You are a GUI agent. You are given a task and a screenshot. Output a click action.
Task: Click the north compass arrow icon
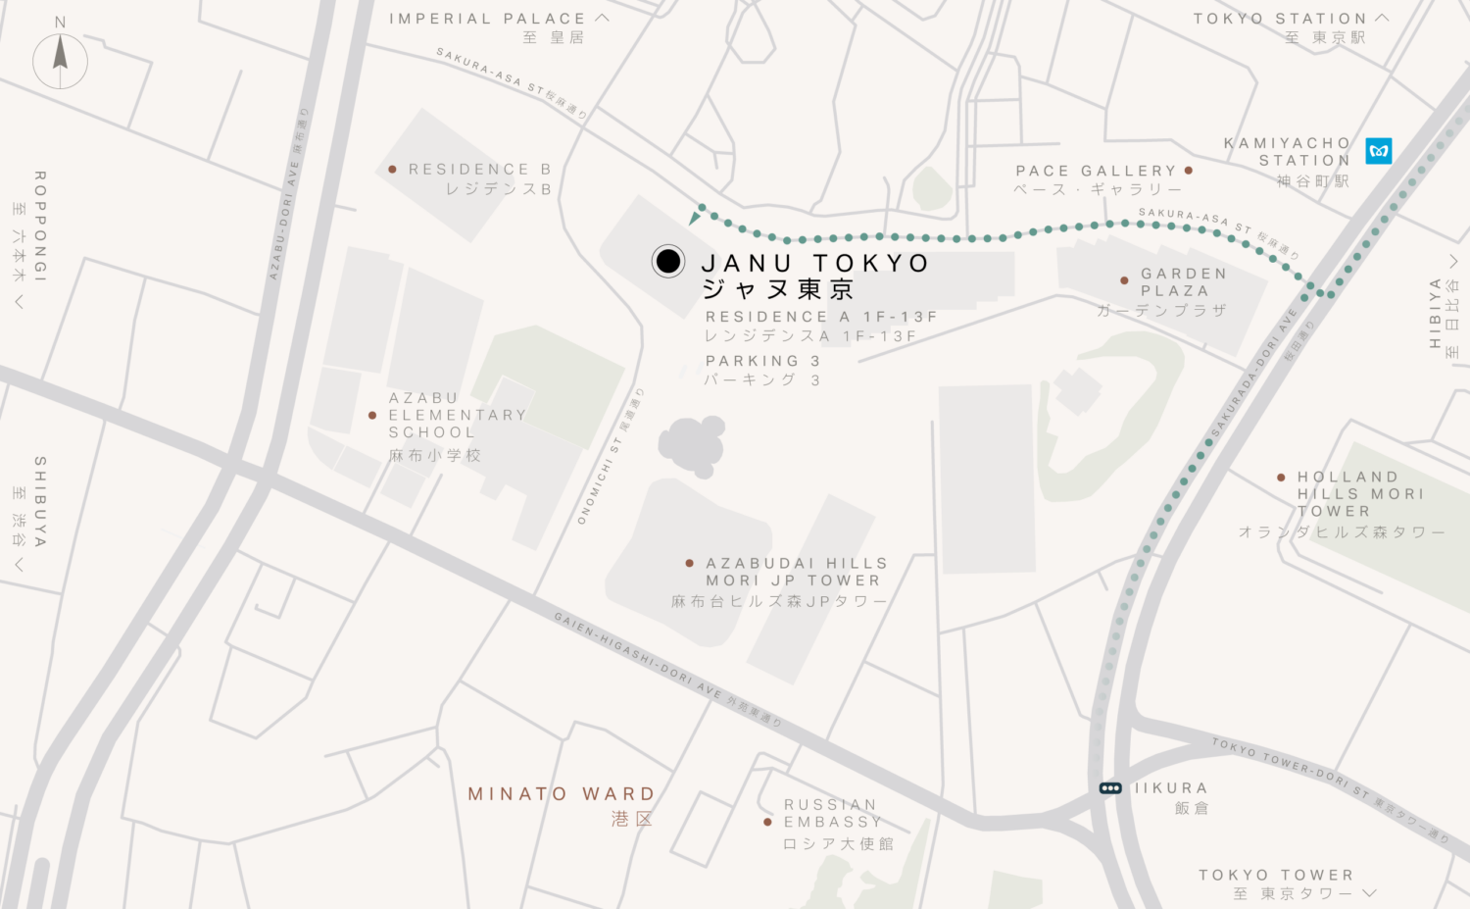click(60, 56)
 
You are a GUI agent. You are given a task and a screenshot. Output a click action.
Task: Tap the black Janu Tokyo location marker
click(668, 261)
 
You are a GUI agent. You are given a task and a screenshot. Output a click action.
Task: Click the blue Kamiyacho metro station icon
click(1379, 151)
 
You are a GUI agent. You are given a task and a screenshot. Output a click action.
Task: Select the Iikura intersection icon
click(1110, 788)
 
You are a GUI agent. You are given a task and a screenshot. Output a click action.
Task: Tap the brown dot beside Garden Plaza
click(1124, 280)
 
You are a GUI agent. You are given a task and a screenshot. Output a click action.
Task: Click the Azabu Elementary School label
click(457, 416)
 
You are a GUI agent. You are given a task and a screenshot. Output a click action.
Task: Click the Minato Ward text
click(561, 794)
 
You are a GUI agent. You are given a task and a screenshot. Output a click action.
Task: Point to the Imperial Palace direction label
click(487, 19)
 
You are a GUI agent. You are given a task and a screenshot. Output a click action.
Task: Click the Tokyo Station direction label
click(1279, 19)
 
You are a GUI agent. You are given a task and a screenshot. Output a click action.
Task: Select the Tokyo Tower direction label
click(1276, 875)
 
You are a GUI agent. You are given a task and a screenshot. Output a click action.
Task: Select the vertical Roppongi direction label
click(40, 227)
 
